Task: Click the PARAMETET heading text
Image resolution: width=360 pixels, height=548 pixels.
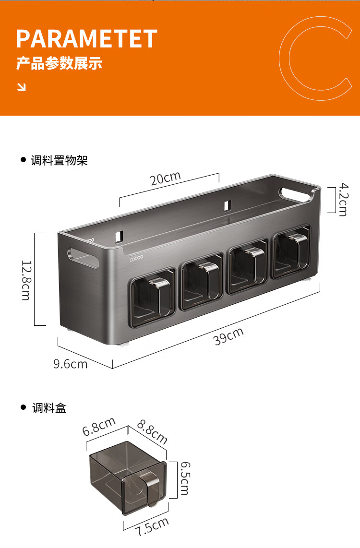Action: tap(87, 38)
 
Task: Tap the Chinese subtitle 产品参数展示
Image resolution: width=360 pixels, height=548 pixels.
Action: tap(59, 63)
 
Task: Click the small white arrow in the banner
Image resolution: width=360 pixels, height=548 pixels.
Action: tap(22, 87)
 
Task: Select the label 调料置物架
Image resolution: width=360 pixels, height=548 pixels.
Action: tap(59, 160)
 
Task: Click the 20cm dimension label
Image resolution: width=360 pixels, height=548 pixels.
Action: tap(165, 178)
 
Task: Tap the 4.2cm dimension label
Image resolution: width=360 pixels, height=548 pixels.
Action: tap(343, 199)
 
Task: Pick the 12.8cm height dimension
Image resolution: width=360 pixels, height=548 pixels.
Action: tap(26, 280)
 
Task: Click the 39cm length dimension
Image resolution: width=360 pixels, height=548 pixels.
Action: tap(228, 336)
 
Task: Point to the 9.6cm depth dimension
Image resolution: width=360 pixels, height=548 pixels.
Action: tap(70, 364)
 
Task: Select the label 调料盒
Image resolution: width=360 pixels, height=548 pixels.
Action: tap(49, 408)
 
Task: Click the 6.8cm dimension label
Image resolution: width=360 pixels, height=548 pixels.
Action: tap(99, 427)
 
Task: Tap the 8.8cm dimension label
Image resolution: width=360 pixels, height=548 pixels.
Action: tap(152, 431)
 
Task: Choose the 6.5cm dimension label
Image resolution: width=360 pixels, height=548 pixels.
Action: tap(185, 478)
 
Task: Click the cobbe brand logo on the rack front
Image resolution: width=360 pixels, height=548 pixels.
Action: tap(136, 259)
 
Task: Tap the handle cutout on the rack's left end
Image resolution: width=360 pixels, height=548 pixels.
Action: tap(83, 258)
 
